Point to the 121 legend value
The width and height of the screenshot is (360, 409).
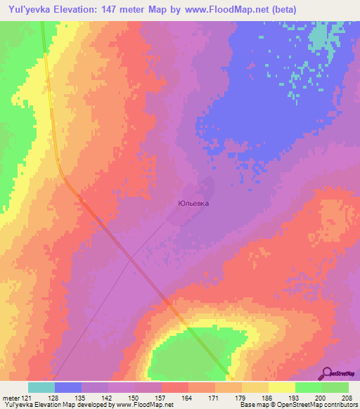coord(30,398)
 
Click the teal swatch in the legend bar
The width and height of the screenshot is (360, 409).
coord(41,387)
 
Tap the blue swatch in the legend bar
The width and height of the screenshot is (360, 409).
coord(68,387)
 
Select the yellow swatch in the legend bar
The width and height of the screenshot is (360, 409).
coord(281,387)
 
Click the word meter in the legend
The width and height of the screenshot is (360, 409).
coord(11,398)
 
